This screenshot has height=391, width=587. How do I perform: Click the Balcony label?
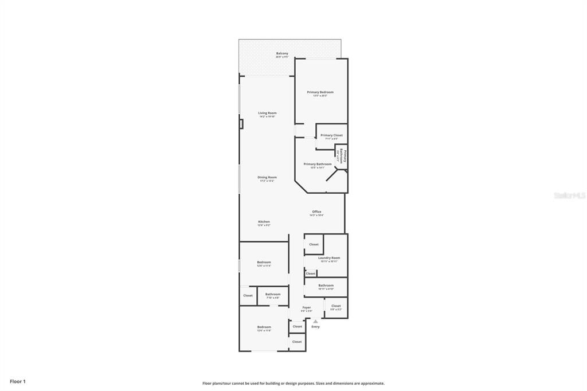(282, 54)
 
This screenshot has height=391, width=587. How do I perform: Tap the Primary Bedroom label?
(320, 92)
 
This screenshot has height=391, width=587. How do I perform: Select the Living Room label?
(267, 114)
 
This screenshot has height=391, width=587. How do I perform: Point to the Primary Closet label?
(331, 136)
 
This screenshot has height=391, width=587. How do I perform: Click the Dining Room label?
(267, 178)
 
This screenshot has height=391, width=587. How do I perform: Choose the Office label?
(316, 212)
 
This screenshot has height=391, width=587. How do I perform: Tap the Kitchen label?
(264, 222)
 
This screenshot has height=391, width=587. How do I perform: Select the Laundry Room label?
(329, 259)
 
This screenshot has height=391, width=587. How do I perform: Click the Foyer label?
(307, 308)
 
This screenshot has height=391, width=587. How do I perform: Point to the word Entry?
(315, 327)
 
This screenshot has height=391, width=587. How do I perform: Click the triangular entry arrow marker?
(315, 321)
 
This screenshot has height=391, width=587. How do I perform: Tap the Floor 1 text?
(18, 381)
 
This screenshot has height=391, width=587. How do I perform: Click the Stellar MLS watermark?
(569, 196)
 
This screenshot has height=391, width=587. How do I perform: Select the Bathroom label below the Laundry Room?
(326, 286)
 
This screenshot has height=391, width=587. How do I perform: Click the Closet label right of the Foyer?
(336, 306)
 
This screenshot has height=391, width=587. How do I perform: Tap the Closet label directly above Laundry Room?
(314, 244)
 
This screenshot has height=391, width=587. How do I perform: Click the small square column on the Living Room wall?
(241, 124)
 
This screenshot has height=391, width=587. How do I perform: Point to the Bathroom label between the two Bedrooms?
(273, 295)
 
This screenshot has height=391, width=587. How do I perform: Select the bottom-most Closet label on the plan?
(297, 342)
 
